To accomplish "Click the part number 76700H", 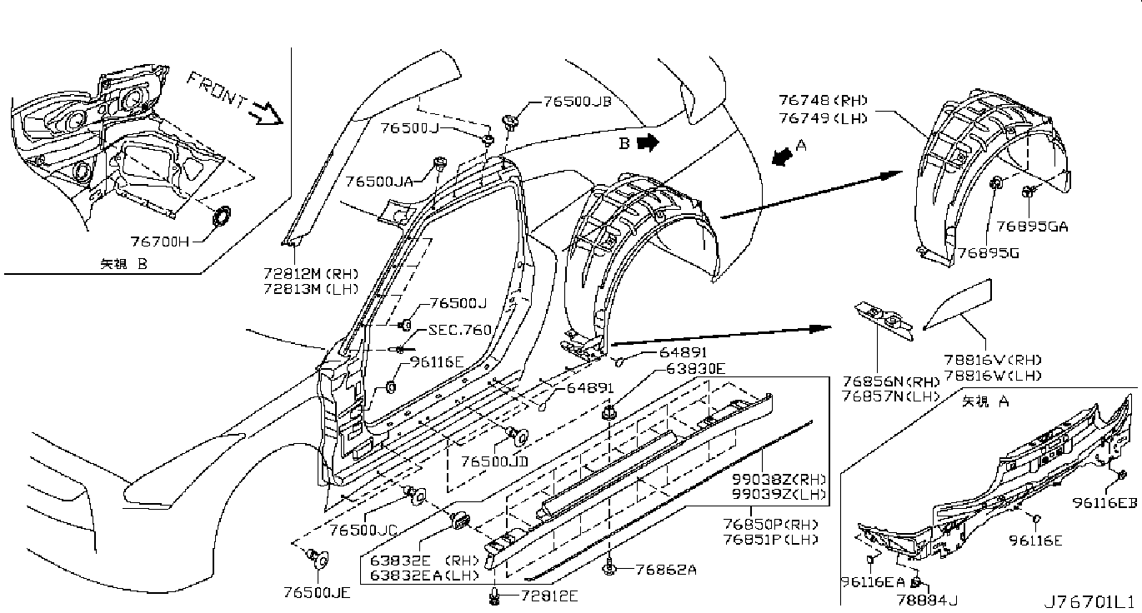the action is click(x=159, y=241).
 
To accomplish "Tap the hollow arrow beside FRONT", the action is click(x=268, y=113).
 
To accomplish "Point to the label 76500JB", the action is click(x=577, y=102).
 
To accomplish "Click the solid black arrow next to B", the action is click(x=649, y=143).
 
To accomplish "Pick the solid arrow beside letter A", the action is click(x=783, y=157).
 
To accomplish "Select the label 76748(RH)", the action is click(x=823, y=101).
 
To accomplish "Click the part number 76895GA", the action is click(x=1032, y=227).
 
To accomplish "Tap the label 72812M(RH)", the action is click(x=311, y=274).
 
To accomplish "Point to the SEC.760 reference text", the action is click(x=460, y=330).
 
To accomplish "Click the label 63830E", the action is click(x=695, y=368).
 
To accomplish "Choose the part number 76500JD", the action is click(x=494, y=461).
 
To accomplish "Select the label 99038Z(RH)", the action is click(x=779, y=479).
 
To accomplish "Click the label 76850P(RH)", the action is click(x=770, y=524).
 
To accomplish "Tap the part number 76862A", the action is click(x=666, y=569).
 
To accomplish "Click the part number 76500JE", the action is click(x=317, y=593).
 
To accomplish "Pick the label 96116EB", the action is click(x=1104, y=503).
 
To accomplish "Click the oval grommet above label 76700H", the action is click(x=221, y=216).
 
